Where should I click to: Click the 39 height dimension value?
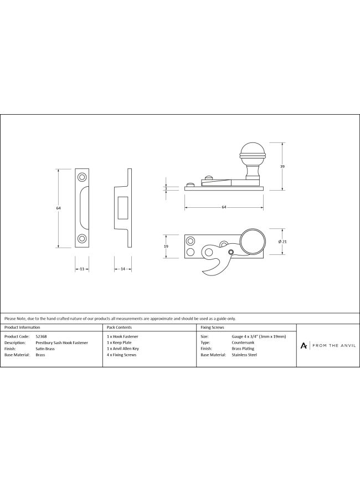pos(282,167)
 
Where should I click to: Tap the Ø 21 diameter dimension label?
pos(282,242)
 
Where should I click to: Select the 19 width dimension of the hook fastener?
pos(166,247)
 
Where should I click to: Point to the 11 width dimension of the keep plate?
pos(82,269)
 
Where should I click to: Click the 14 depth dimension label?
pos(123,269)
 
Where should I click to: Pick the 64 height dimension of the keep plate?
pos(58,208)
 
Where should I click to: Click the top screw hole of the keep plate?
pos(82,177)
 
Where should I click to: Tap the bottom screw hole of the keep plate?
pos(82,238)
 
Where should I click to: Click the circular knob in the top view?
pos(252,241)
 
